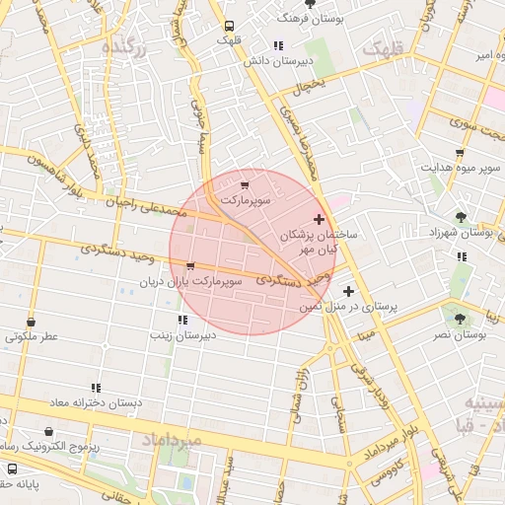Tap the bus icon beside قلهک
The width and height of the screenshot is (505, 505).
pos(230,27)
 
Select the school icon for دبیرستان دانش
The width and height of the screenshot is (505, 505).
pos(279,45)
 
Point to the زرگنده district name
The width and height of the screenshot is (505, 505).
pos(137,48)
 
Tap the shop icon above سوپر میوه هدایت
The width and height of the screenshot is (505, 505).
pos(460,153)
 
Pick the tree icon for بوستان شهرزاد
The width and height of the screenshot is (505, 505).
pos(461,217)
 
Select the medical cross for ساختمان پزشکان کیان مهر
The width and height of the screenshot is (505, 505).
pos(318,219)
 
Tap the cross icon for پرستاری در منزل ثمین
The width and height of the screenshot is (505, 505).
pos(348,291)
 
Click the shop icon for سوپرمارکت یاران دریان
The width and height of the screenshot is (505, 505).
pos(190,265)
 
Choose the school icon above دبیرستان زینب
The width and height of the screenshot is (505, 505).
pos(181,320)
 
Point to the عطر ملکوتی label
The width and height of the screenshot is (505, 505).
pos(32,335)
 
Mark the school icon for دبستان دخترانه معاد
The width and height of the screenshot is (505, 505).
pos(96,389)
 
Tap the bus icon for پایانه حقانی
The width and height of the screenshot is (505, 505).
pos(13,469)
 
